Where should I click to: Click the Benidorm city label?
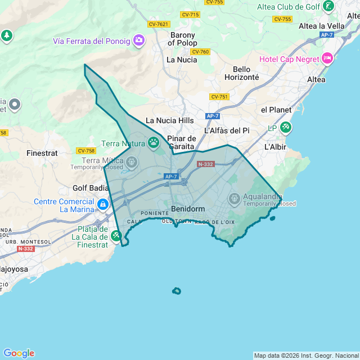coord(188,208)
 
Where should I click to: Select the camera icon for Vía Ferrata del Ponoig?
coord(138,40)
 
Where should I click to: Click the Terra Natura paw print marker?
coord(154,143)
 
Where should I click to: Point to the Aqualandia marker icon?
coord(235,198)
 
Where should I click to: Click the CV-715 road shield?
coord(190,14)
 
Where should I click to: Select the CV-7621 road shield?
coord(159,24)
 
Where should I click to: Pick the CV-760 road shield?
coord(200,52)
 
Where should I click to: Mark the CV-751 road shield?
coord(219,97)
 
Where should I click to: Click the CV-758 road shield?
coord(86,151)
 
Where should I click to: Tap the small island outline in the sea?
coord(177,291)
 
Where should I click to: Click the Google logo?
coord(19,353)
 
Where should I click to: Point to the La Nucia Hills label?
coord(169,120)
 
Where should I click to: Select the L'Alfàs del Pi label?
coord(227,130)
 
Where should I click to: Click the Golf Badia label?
coord(91,188)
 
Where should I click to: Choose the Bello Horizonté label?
coord(241,73)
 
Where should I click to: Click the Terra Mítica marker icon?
coord(132,163)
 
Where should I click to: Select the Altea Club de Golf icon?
coord(328,7)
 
